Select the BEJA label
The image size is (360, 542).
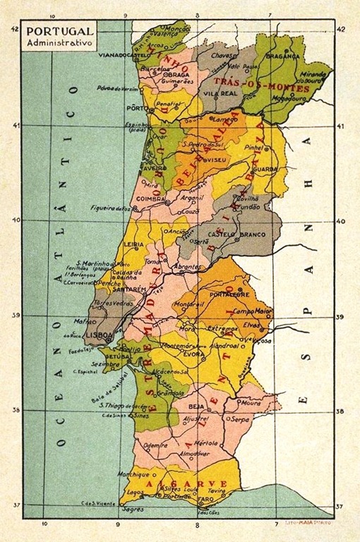pyautogui.click(x=197, y=407)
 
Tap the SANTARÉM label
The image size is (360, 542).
pyautogui.click(x=131, y=289)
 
